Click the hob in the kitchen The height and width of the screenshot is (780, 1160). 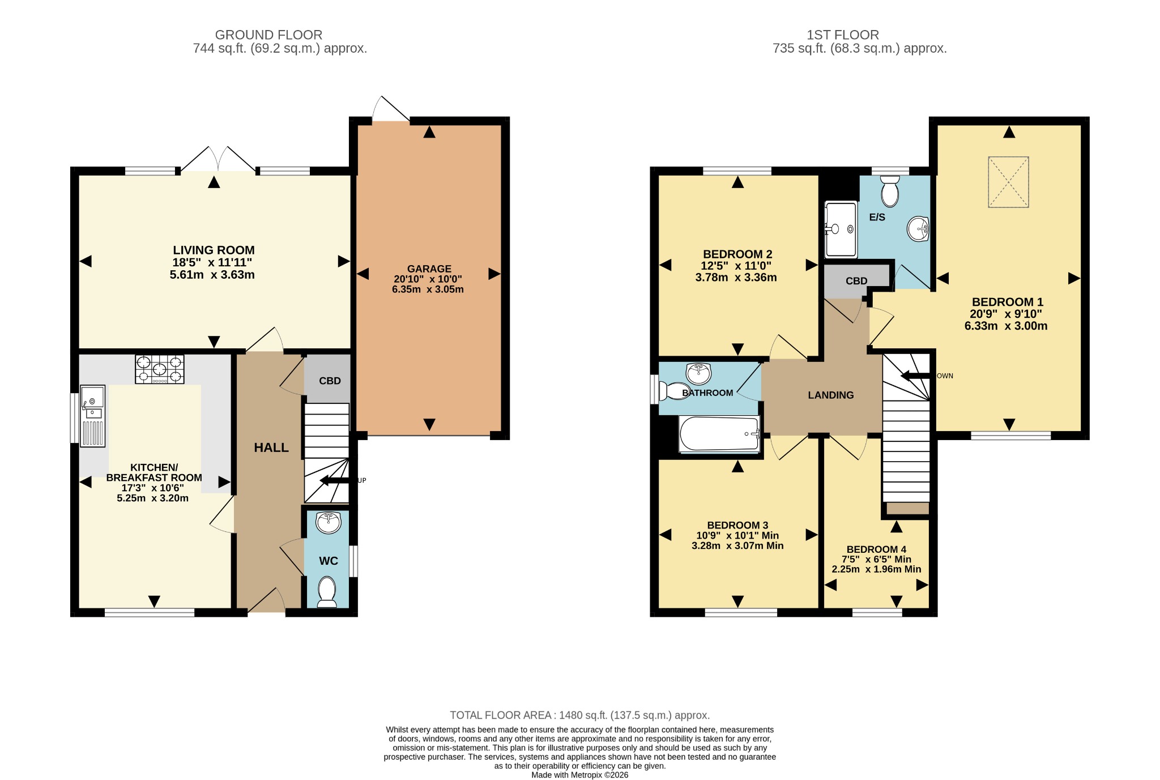tap(160, 369)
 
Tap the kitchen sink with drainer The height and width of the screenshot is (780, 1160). tap(92, 416)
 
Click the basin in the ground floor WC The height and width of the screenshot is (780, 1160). tap(329, 522)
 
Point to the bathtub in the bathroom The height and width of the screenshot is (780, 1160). tap(719, 434)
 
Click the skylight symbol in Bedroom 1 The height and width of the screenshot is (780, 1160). tap(1009, 182)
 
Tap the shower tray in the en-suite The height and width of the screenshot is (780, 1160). tap(841, 229)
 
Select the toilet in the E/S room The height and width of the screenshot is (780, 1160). tap(890, 190)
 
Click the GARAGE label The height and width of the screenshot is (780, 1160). tap(429, 269)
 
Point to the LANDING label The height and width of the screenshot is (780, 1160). tap(831, 395)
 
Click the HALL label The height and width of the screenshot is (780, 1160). tap(271, 447)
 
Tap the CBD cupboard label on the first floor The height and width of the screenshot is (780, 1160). tap(856, 281)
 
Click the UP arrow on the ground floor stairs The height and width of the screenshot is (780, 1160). tap(339, 481)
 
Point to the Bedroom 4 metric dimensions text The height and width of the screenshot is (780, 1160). tap(876, 569)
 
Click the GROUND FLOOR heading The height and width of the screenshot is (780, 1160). tap(268, 35)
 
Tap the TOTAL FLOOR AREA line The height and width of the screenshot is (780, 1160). tap(580, 715)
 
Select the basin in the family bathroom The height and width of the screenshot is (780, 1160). tap(698, 373)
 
